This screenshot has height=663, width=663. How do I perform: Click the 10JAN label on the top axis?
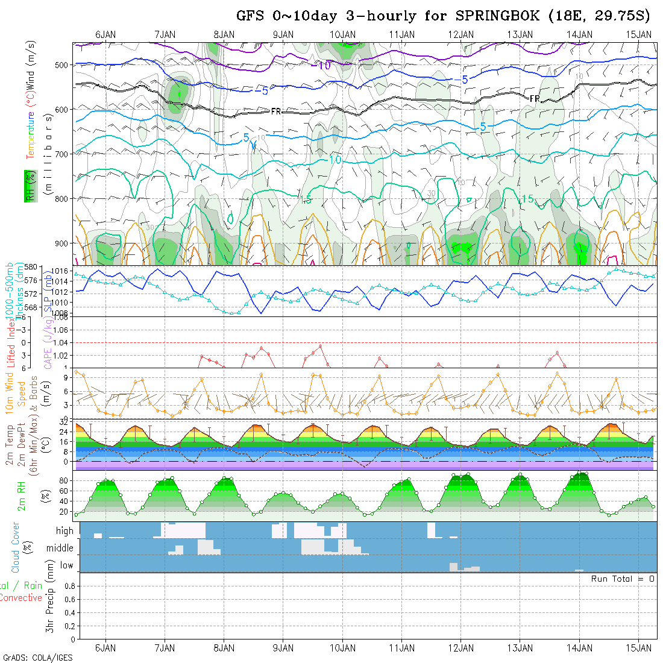[x=343, y=34]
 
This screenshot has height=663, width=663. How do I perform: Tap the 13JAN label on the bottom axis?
[x=520, y=648]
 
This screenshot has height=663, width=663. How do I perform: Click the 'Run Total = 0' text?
[x=623, y=579]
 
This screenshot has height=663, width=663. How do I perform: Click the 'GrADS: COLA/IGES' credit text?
[x=37, y=658]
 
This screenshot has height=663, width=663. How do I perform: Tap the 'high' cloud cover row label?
[x=64, y=531]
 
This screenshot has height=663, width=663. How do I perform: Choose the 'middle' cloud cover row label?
[x=60, y=548]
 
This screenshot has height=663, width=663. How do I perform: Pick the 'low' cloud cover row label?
[x=66, y=565]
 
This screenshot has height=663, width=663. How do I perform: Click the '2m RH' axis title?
[x=21, y=495]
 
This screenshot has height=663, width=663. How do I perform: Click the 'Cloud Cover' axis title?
[x=16, y=547]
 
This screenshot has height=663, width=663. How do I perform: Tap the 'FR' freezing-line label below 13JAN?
[x=534, y=98]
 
